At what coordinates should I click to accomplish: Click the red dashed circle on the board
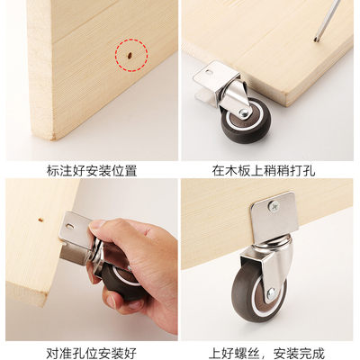(x=130, y=56)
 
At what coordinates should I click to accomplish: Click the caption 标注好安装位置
(x=90, y=168)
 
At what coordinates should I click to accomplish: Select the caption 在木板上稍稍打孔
(x=270, y=168)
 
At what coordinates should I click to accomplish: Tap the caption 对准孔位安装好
(x=90, y=350)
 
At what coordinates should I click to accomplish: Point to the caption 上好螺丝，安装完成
(x=270, y=350)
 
